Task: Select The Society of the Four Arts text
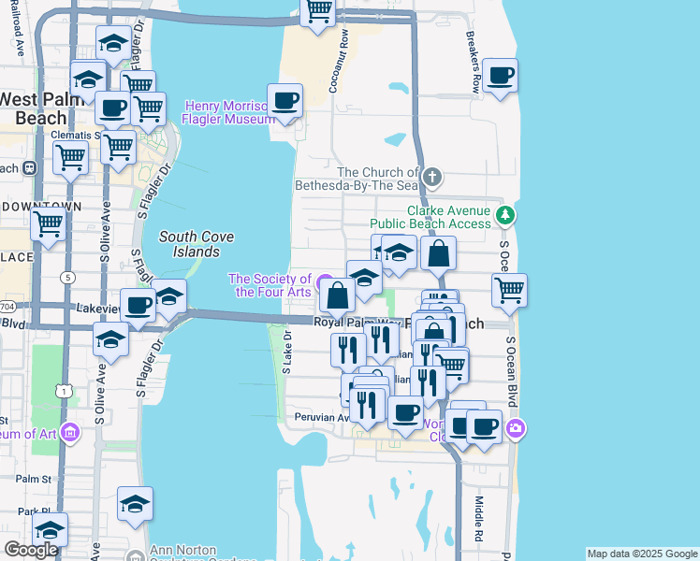(270, 285)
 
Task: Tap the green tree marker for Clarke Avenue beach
(505, 216)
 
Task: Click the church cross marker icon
(431, 177)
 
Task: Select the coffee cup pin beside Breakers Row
(500, 75)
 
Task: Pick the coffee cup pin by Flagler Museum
(285, 100)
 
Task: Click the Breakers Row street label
(476, 67)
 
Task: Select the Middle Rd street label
(477, 519)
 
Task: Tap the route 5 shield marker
(67, 277)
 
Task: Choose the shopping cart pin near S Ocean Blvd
(509, 290)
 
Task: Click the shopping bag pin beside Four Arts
(338, 295)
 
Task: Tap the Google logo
(30, 550)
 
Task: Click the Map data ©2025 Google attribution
(641, 554)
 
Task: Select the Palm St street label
(32, 479)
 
